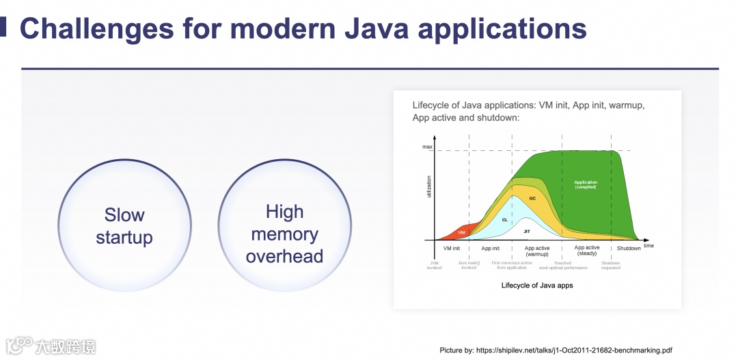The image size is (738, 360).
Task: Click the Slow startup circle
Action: pos(124,226)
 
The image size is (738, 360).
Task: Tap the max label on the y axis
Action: pos(427,147)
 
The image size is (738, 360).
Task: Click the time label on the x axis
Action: pos(648,245)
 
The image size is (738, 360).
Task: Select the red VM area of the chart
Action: pos(461,232)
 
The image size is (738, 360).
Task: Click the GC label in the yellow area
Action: pos(532,198)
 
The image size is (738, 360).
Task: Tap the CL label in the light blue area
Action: pos(505,220)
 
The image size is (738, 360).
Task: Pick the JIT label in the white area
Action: pos(526,232)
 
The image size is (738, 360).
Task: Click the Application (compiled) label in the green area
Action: pos(586,184)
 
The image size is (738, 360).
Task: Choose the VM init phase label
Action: pos(452,249)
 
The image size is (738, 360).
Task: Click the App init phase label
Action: pos(491,249)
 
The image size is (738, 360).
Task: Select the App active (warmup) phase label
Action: pos(537,251)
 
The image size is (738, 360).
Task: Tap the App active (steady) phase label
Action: pos(587,250)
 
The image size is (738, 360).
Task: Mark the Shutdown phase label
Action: pos(629,249)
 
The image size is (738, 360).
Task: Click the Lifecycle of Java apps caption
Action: pos(537,286)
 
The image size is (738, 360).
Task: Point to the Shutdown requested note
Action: pos(611,265)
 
